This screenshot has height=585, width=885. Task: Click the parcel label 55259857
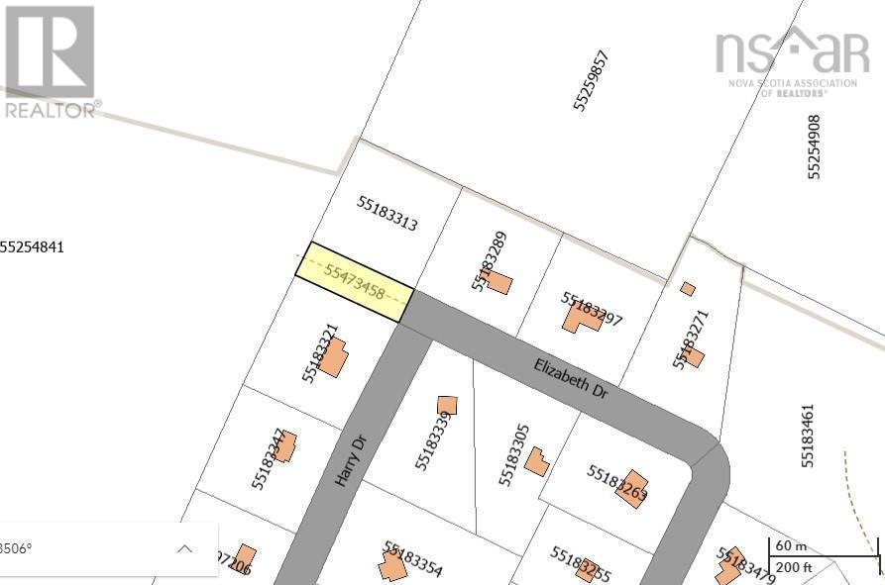click(590, 79)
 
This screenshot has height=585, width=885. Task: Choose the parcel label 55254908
click(815, 146)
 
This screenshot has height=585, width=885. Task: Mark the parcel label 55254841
click(33, 246)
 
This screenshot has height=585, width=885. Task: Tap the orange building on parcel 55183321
click(333, 357)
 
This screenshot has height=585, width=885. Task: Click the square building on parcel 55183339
click(447, 405)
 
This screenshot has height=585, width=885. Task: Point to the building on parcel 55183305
click(537, 461)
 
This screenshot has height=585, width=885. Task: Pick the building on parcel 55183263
click(631, 488)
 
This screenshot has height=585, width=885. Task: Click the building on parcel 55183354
click(392, 566)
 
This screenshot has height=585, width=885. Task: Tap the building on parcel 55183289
click(498, 284)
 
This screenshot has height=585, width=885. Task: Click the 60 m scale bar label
click(790, 545)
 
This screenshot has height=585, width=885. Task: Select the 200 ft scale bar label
click(793, 566)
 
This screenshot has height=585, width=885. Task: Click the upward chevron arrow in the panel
click(185, 548)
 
